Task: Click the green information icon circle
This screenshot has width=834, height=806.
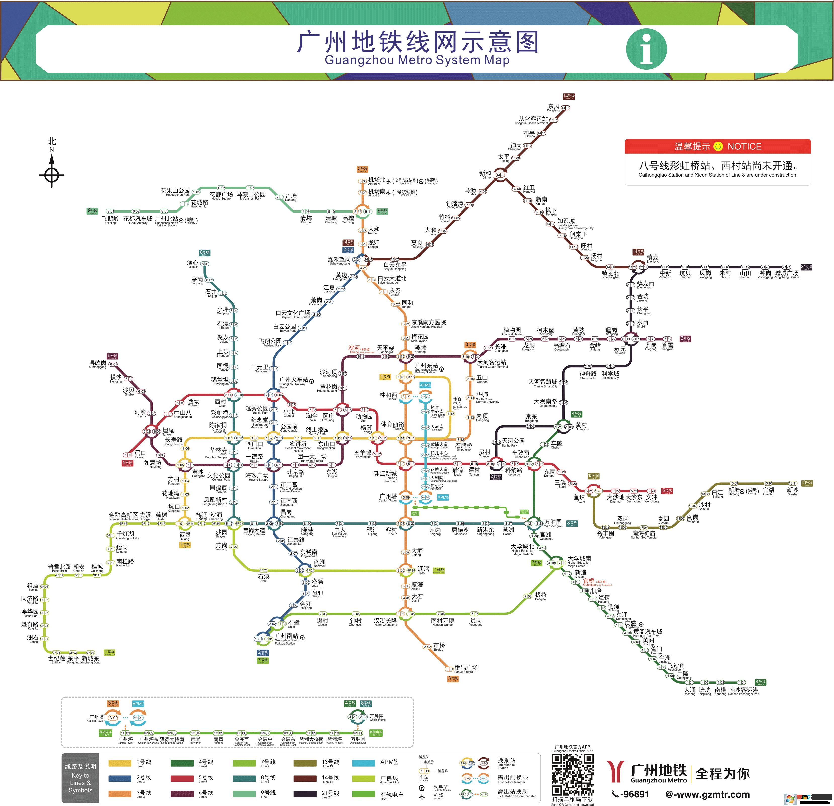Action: click(646, 49)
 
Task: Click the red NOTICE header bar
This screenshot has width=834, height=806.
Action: click(717, 146)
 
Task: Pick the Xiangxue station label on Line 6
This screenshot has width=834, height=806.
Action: click(667, 346)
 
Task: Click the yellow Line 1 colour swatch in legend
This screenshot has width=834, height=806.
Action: click(120, 763)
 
